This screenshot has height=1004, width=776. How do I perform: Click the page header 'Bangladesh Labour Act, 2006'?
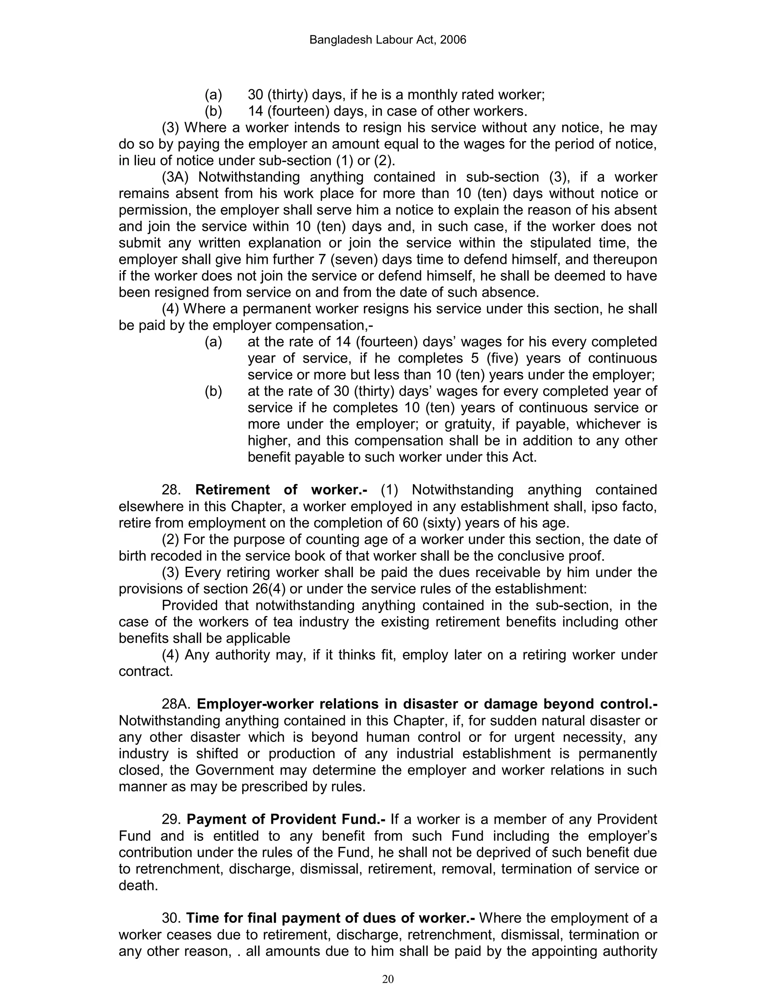click(388, 40)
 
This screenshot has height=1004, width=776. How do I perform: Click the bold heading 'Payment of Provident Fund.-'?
click(286, 819)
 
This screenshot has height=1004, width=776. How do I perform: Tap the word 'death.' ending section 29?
click(138, 886)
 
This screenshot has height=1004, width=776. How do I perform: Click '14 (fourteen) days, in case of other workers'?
click(388, 111)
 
